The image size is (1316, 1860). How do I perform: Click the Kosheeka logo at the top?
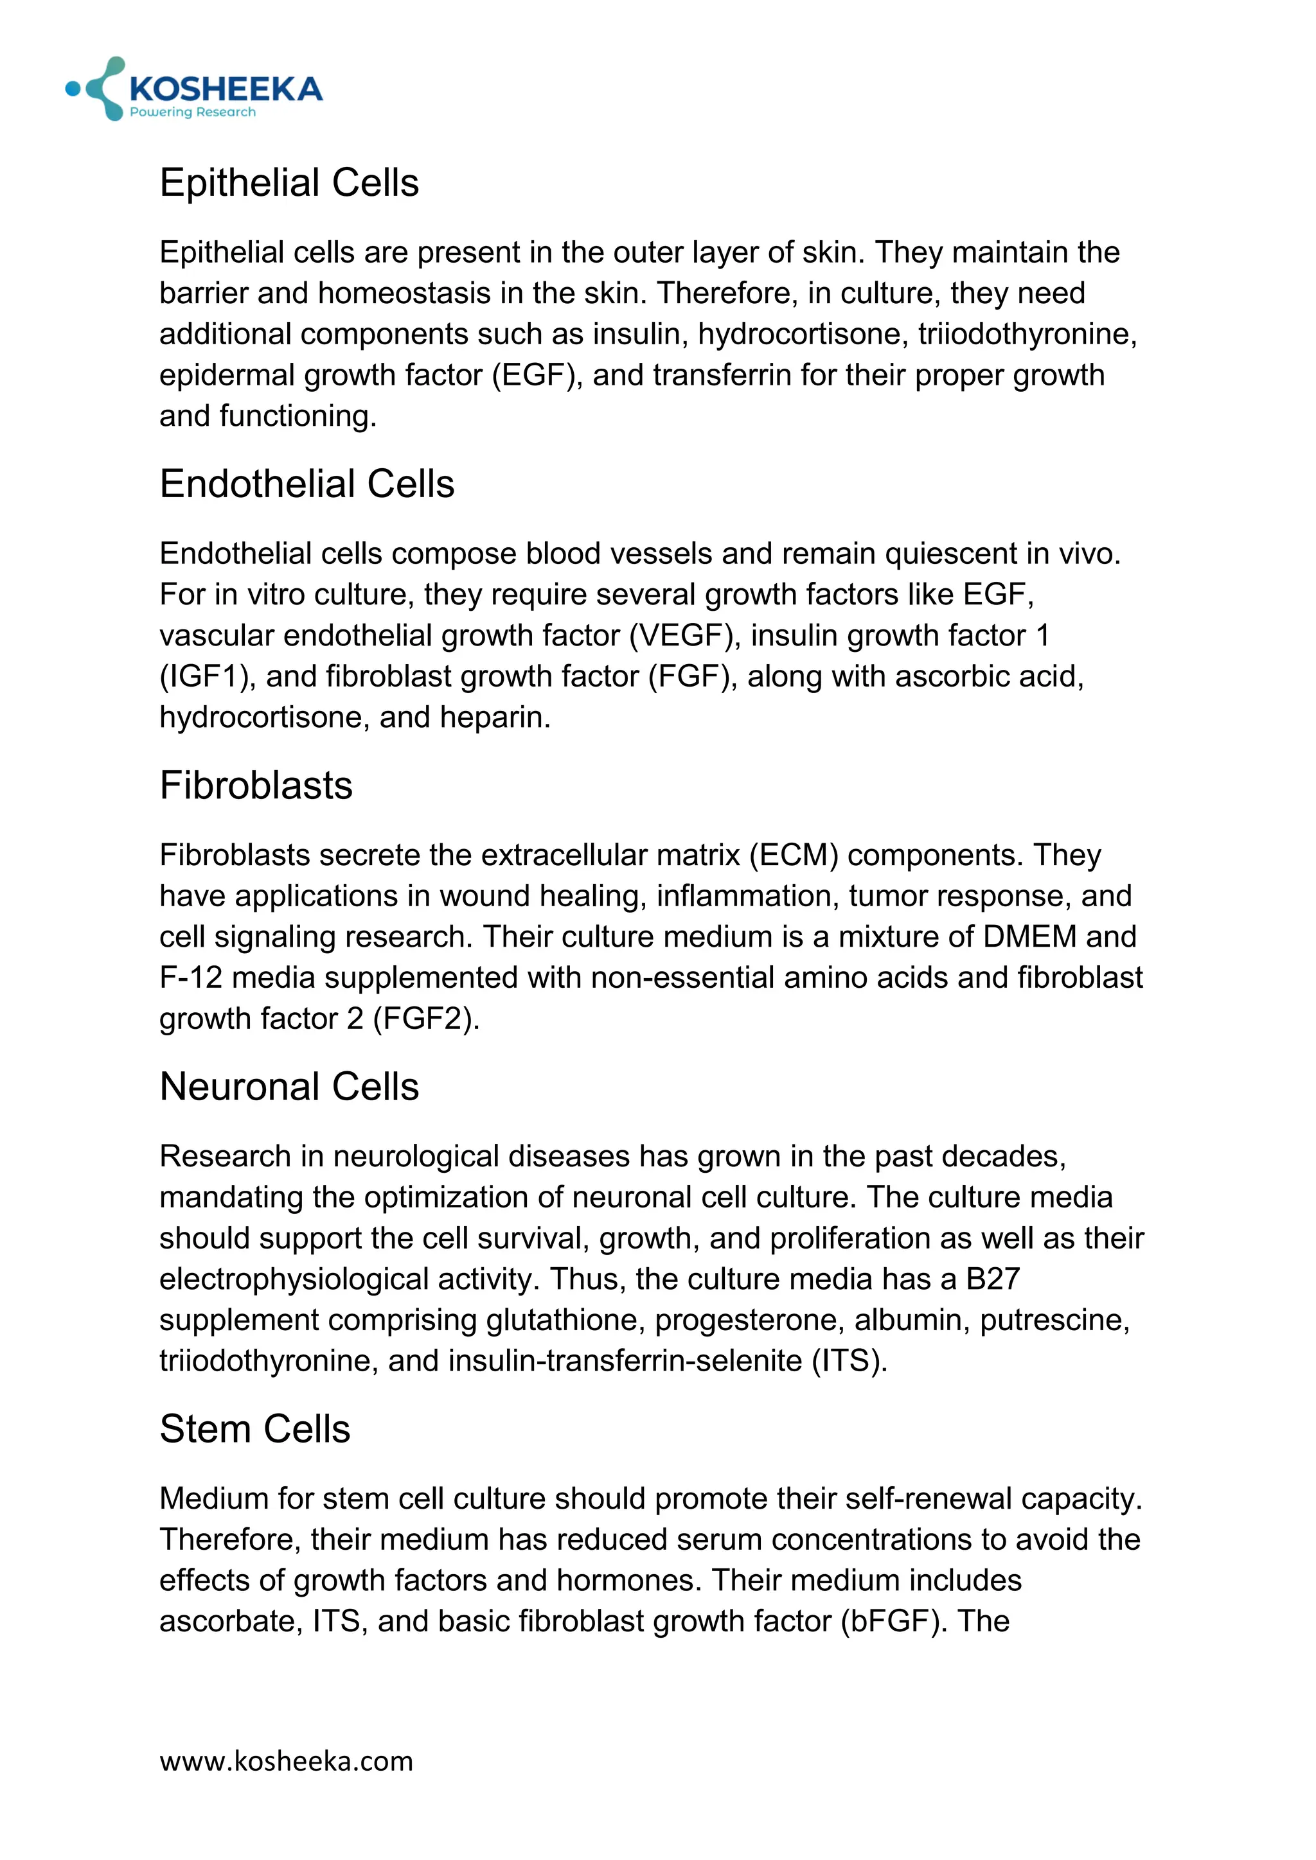click(x=195, y=88)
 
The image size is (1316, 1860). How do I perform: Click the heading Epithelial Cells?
click(x=289, y=182)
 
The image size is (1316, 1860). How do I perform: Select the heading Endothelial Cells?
click(x=307, y=484)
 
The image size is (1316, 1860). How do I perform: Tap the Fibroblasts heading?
click(x=256, y=785)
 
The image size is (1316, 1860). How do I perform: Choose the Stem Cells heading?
click(x=254, y=1428)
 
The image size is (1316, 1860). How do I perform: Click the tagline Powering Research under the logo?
click(x=193, y=112)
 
